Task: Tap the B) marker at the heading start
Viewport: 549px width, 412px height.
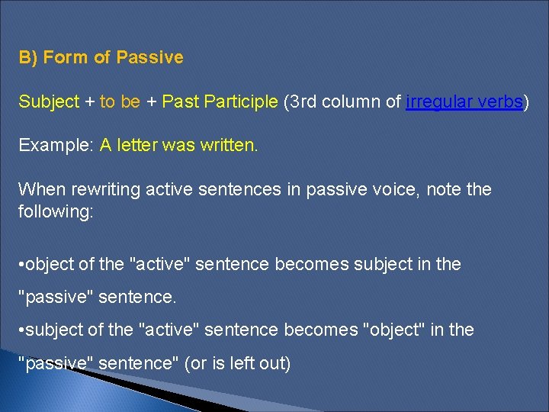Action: [28, 57]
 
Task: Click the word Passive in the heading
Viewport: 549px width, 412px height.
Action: [150, 57]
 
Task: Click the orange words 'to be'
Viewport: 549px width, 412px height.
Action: [120, 101]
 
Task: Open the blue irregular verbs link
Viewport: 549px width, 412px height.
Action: [465, 101]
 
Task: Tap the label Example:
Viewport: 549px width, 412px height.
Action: [56, 145]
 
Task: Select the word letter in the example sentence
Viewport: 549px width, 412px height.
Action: [136, 145]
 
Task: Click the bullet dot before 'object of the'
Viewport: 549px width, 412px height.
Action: [21, 264]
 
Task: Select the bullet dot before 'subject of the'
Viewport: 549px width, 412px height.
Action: [21, 330]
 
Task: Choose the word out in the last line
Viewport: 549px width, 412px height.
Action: [274, 363]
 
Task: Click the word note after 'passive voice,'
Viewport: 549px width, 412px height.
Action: [444, 188]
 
